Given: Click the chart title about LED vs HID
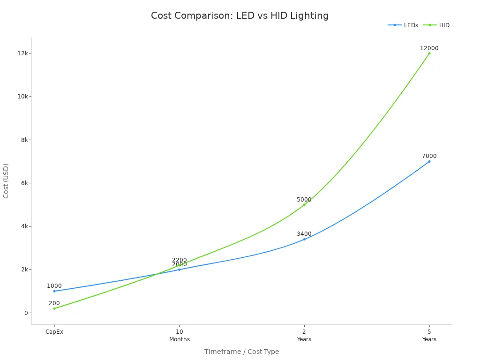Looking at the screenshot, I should [240, 16].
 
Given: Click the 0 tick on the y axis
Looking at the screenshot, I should [27, 313].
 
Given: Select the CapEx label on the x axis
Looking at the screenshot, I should [54, 332].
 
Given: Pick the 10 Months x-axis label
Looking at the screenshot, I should [179, 336].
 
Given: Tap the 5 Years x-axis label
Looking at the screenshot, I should [429, 336].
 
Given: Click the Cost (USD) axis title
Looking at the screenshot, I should [6, 181].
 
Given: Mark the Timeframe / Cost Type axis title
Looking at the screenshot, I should [241, 352].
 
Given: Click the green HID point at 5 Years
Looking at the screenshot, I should [429, 53].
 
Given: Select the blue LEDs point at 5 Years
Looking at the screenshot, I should [429, 161].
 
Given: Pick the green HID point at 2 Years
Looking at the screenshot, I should [304, 204].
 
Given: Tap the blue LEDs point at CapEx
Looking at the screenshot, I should [54, 291].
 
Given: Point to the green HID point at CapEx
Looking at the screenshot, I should [54, 308].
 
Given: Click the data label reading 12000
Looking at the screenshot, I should [429, 48].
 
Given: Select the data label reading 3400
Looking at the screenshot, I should [304, 234].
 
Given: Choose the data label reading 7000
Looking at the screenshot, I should [429, 156].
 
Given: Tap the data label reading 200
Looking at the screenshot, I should [54, 303].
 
